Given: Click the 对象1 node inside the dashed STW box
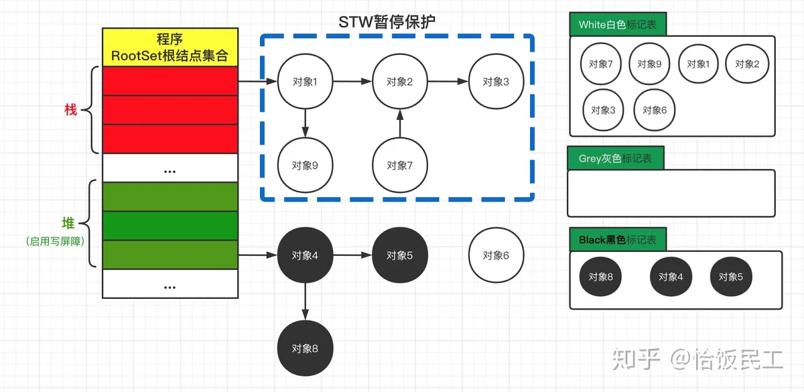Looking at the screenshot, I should [x=305, y=82].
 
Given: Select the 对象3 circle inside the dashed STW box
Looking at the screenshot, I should [x=496, y=82].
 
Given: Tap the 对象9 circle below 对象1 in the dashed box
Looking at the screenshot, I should [x=305, y=165].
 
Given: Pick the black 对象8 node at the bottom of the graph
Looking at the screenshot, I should [x=305, y=348].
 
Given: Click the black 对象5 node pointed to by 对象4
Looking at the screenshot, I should [x=400, y=255].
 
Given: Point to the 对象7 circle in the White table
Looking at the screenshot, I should [x=601, y=64].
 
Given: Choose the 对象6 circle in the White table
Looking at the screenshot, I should [x=655, y=110].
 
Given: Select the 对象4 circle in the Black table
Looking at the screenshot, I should [x=671, y=277].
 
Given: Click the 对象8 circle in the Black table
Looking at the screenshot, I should [x=600, y=277].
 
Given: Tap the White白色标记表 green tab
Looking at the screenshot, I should [x=618, y=25].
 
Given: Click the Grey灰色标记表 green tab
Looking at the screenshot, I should [x=615, y=159].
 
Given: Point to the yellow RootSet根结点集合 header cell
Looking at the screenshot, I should [x=170, y=47].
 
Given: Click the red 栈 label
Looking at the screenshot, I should [x=70, y=109].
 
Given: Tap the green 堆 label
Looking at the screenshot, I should [x=68, y=223].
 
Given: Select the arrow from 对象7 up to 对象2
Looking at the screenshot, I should [x=400, y=123].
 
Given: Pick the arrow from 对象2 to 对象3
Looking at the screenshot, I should [x=448, y=82].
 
